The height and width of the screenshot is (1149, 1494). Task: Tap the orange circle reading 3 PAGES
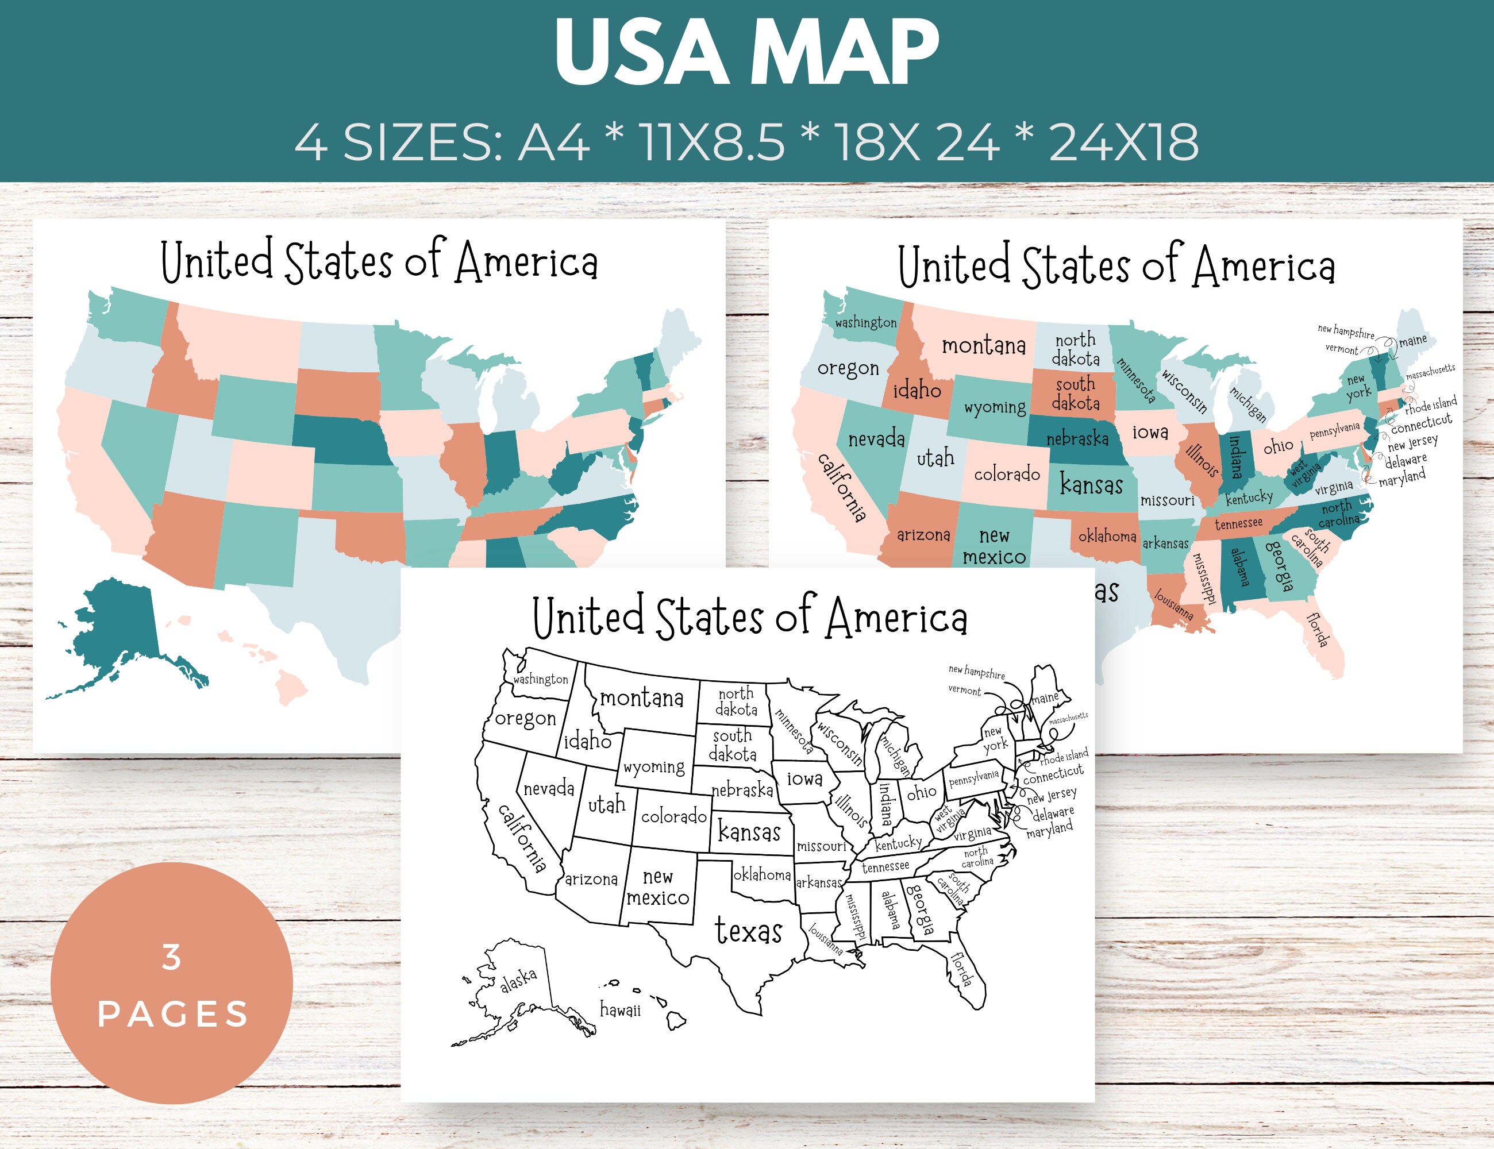pos(172,985)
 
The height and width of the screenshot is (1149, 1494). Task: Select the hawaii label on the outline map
pos(620,1010)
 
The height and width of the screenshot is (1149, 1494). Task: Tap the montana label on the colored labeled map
pos(984,346)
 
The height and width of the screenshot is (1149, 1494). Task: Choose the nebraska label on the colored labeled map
pos(1077,438)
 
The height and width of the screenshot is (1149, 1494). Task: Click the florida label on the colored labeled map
pos(1318,630)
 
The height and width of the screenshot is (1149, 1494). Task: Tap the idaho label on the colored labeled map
pos(917,391)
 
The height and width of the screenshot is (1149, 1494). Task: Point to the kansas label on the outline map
pos(749,832)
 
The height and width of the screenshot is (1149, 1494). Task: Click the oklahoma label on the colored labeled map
pos(1107,536)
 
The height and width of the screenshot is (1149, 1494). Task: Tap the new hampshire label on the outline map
pos(976,672)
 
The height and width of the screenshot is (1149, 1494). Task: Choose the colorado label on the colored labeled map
pos(1006,474)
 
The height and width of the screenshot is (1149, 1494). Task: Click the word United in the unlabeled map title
pos(217,261)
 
